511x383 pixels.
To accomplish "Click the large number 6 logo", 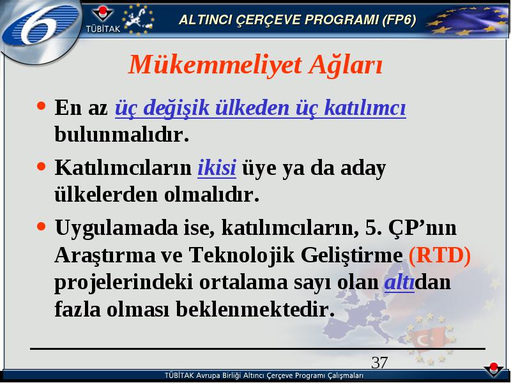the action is click(41, 27).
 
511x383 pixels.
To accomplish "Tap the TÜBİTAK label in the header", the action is click(103, 29).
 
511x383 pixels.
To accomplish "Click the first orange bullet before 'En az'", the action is click(41, 105).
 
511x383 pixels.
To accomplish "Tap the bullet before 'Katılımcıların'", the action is click(41, 167).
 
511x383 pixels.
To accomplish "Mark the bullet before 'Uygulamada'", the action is click(41, 226).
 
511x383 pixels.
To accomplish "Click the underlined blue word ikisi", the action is click(217, 168).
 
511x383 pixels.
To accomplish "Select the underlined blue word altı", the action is click(399, 282).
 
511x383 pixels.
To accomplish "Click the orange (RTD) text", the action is click(439, 255).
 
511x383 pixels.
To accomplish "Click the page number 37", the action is click(379, 363).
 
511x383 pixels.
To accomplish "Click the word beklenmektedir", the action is click(256, 309).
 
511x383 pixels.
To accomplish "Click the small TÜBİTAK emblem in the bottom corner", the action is click(494, 370).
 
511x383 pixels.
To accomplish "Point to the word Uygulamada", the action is click(116, 229).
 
